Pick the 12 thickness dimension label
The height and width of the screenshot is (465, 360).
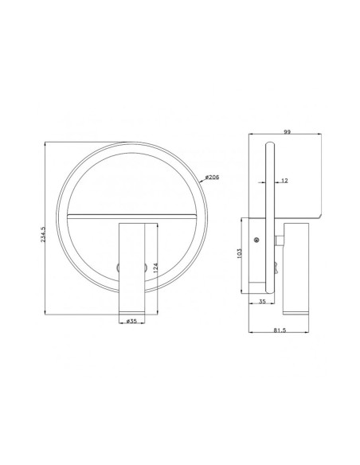(x=285, y=182)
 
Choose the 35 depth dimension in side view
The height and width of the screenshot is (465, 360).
(x=263, y=302)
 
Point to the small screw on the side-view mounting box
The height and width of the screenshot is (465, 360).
(x=255, y=240)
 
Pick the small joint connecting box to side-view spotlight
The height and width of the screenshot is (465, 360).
(x=280, y=240)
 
